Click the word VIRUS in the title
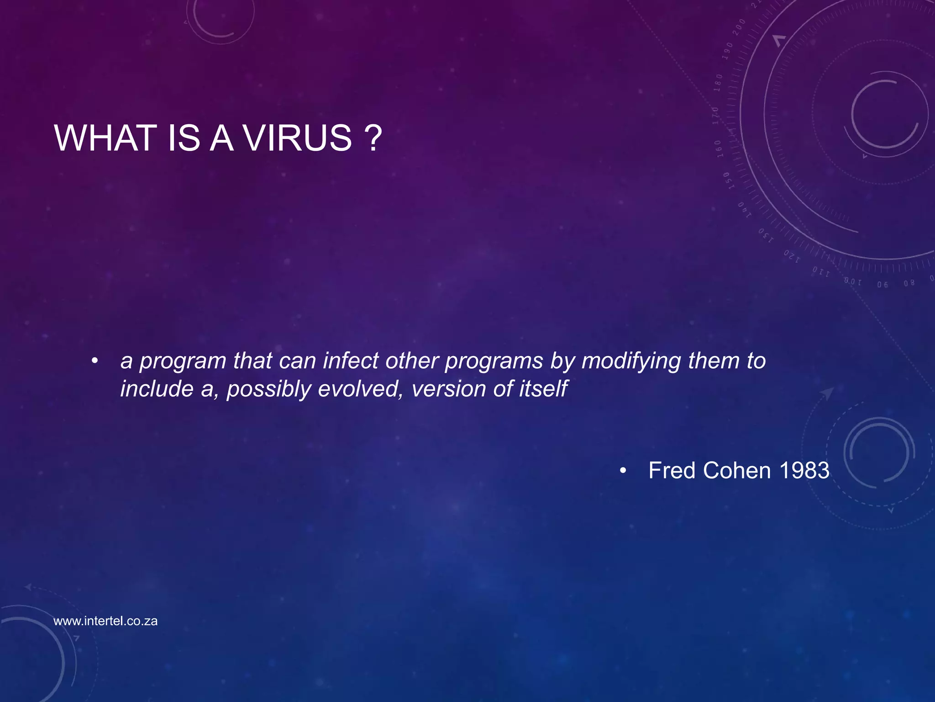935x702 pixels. (297, 138)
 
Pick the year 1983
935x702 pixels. (804, 470)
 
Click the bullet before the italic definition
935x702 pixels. (95, 361)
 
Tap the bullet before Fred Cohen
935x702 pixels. (623, 470)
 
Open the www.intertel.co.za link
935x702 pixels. (105, 621)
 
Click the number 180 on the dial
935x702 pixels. (719, 83)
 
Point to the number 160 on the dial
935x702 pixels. (719, 149)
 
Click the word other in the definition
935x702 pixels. (412, 361)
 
